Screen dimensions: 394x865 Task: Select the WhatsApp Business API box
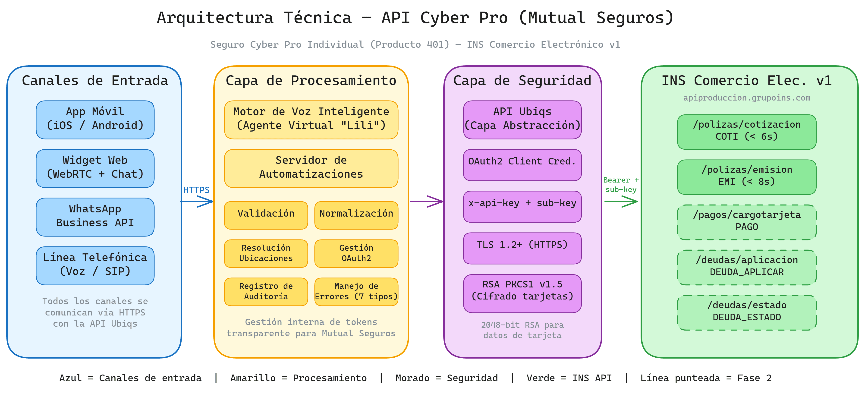click(x=95, y=217)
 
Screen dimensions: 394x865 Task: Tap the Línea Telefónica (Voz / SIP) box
click(x=95, y=266)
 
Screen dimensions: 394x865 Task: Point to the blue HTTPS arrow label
click(x=196, y=190)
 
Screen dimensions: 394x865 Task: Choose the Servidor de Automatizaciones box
click(x=311, y=168)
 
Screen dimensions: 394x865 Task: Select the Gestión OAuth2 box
click(x=356, y=253)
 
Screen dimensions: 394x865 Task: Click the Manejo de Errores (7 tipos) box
click(x=356, y=292)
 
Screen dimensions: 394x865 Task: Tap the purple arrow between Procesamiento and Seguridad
click(x=426, y=202)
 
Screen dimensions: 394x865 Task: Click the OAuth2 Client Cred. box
click(x=522, y=165)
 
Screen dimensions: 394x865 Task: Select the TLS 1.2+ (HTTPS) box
click(x=522, y=248)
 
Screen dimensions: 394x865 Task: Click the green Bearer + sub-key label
click(x=621, y=185)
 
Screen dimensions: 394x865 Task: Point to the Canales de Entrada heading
click(x=95, y=81)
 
